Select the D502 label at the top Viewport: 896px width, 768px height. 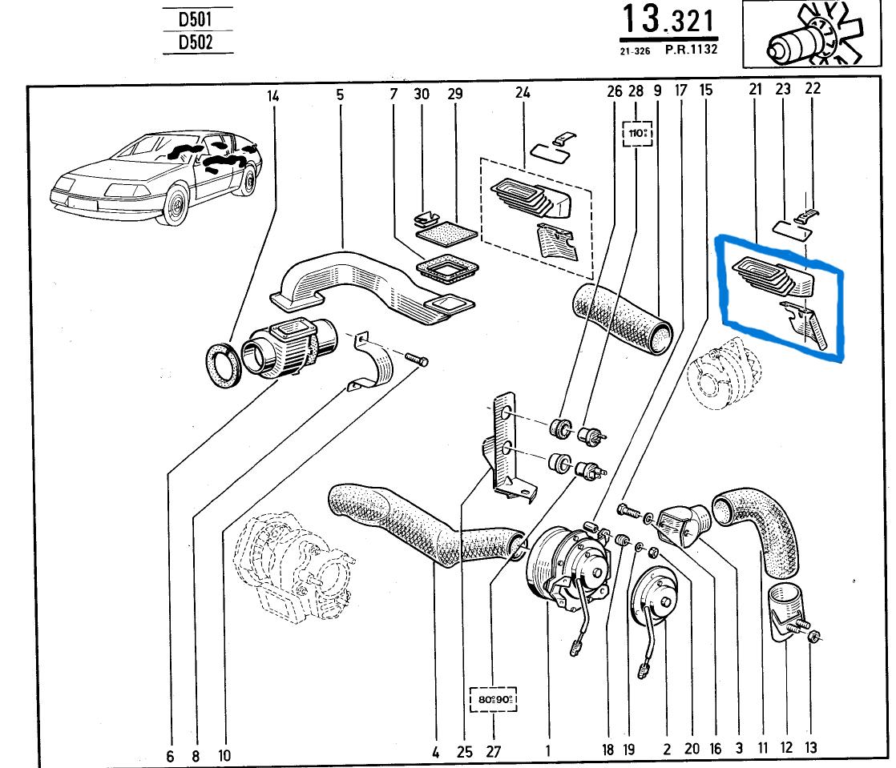196,42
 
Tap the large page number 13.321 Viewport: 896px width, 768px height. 668,22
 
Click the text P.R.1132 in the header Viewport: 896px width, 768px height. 691,50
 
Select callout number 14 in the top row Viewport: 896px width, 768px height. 273,95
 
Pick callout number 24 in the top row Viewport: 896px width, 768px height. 523,94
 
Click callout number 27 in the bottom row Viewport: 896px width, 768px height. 492,751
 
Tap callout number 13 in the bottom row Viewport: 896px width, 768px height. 811,748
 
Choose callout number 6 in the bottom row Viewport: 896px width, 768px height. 170,754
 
